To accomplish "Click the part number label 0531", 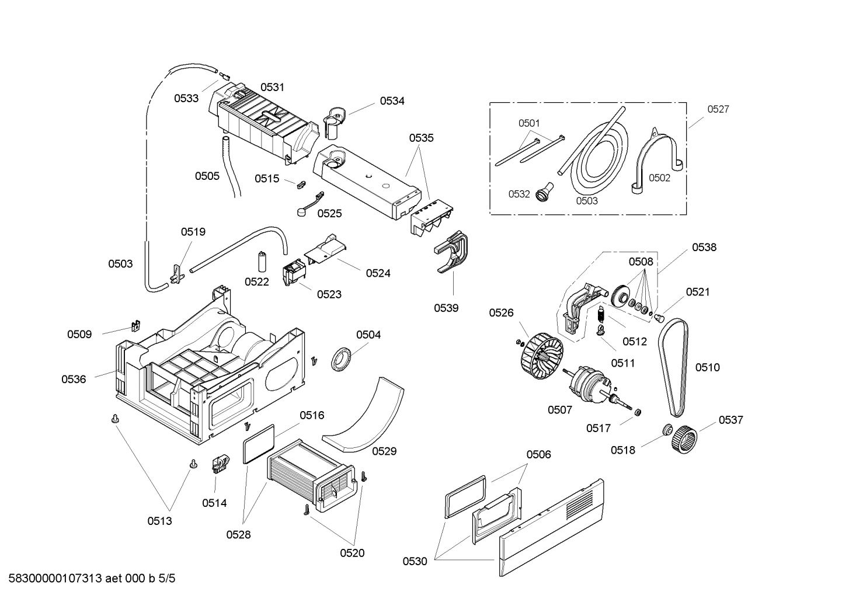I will tap(272, 87).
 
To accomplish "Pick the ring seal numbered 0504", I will tap(340, 358).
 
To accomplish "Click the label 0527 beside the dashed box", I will tap(718, 109).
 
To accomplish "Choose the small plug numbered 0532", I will tap(544, 191).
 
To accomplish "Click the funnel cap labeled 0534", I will tap(335, 115).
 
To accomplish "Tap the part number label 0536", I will tap(74, 380).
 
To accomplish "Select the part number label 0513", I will tap(159, 521).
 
